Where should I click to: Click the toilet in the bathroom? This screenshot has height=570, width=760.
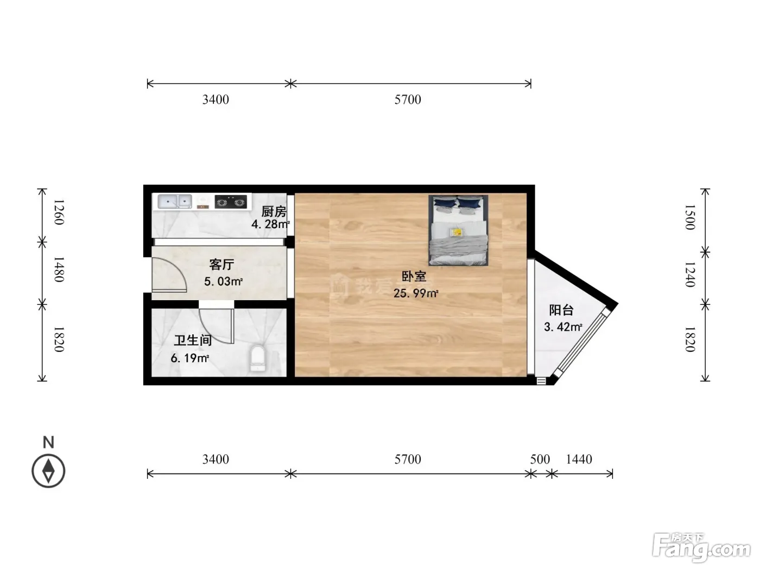click(x=257, y=358)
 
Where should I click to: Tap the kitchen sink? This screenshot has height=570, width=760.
click(x=175, y=201)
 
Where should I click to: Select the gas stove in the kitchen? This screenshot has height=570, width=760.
click(x=231, y=202)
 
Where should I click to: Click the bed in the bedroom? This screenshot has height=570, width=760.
click(x=458, y=230)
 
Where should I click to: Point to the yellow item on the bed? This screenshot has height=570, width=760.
click(x=457, y=232)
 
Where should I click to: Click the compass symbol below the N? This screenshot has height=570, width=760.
click(x=48, y=471)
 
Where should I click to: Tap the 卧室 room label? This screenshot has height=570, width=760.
click(x=414, y=276)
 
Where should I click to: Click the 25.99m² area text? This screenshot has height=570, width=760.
click(x=416, y=293)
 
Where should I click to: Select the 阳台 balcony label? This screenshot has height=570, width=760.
click(x=561, y=310)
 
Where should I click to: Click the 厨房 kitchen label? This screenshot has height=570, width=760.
click(x=274, y=211)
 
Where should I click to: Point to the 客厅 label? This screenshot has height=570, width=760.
click(x=221, y=265)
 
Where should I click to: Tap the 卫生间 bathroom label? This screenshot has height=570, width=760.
click(x=193, y=340)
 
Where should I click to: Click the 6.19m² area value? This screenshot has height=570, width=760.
click(x=190, y=358)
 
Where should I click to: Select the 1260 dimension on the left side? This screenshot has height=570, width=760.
click(x=59, y=212)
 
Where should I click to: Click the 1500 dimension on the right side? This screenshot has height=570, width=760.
click(x=690, y=217)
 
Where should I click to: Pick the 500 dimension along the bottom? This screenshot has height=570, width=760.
click(x=540, y=459)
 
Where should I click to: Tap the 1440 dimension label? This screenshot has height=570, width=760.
click(x=579, y=459)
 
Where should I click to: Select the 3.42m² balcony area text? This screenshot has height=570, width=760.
click(x=563, y=327)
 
